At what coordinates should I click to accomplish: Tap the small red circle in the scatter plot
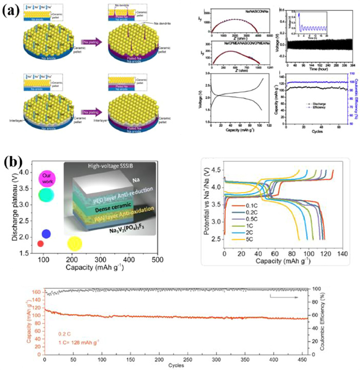click(x=41, y=243)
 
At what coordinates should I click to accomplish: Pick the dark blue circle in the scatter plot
click(x=46, y=234)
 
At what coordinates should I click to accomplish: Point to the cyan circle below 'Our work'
click(x=46, y=195)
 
